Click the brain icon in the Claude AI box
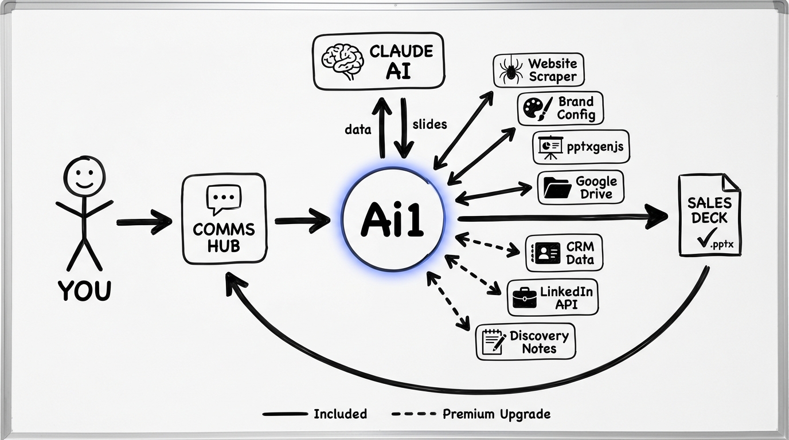[343, 61]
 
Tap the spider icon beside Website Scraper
[510, 72]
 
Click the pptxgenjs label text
[595, 147]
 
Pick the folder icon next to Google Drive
[557, 187]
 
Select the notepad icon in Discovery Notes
[493, 342]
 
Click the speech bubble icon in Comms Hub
[223, 198]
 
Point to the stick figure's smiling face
[84, 176]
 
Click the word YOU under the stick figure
[84, 291]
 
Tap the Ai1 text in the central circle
[392, 220]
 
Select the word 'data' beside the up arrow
[358, 129]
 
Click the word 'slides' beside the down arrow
[429, 124]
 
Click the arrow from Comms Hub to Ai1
[302, 221]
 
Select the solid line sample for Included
[284, 414]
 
